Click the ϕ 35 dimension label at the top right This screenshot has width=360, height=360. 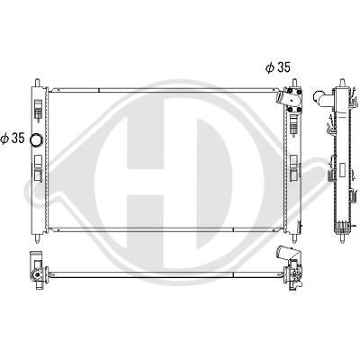pyautogui.click(x=278, y=67)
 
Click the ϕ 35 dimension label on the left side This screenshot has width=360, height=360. pyautogui.click(x=13, y=138)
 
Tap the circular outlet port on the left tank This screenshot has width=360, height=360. pyautogui.click(x=37, y=139)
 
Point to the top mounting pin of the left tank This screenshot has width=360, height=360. pyautogui.click(x=38, y=83)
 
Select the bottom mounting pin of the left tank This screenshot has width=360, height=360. pyautogui.click(x=38, y=238)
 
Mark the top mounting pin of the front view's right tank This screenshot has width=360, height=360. pyautogui.click(x=294, y=83)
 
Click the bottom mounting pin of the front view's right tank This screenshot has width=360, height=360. pyautogui.click(x=294, y=238)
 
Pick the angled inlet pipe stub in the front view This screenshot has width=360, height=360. pyautogui.click(x=281, y=96)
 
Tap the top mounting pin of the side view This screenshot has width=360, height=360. pyautogui.click(x=342, y=83)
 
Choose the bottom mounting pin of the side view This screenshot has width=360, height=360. pyautogui.click(x=342, y=238)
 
